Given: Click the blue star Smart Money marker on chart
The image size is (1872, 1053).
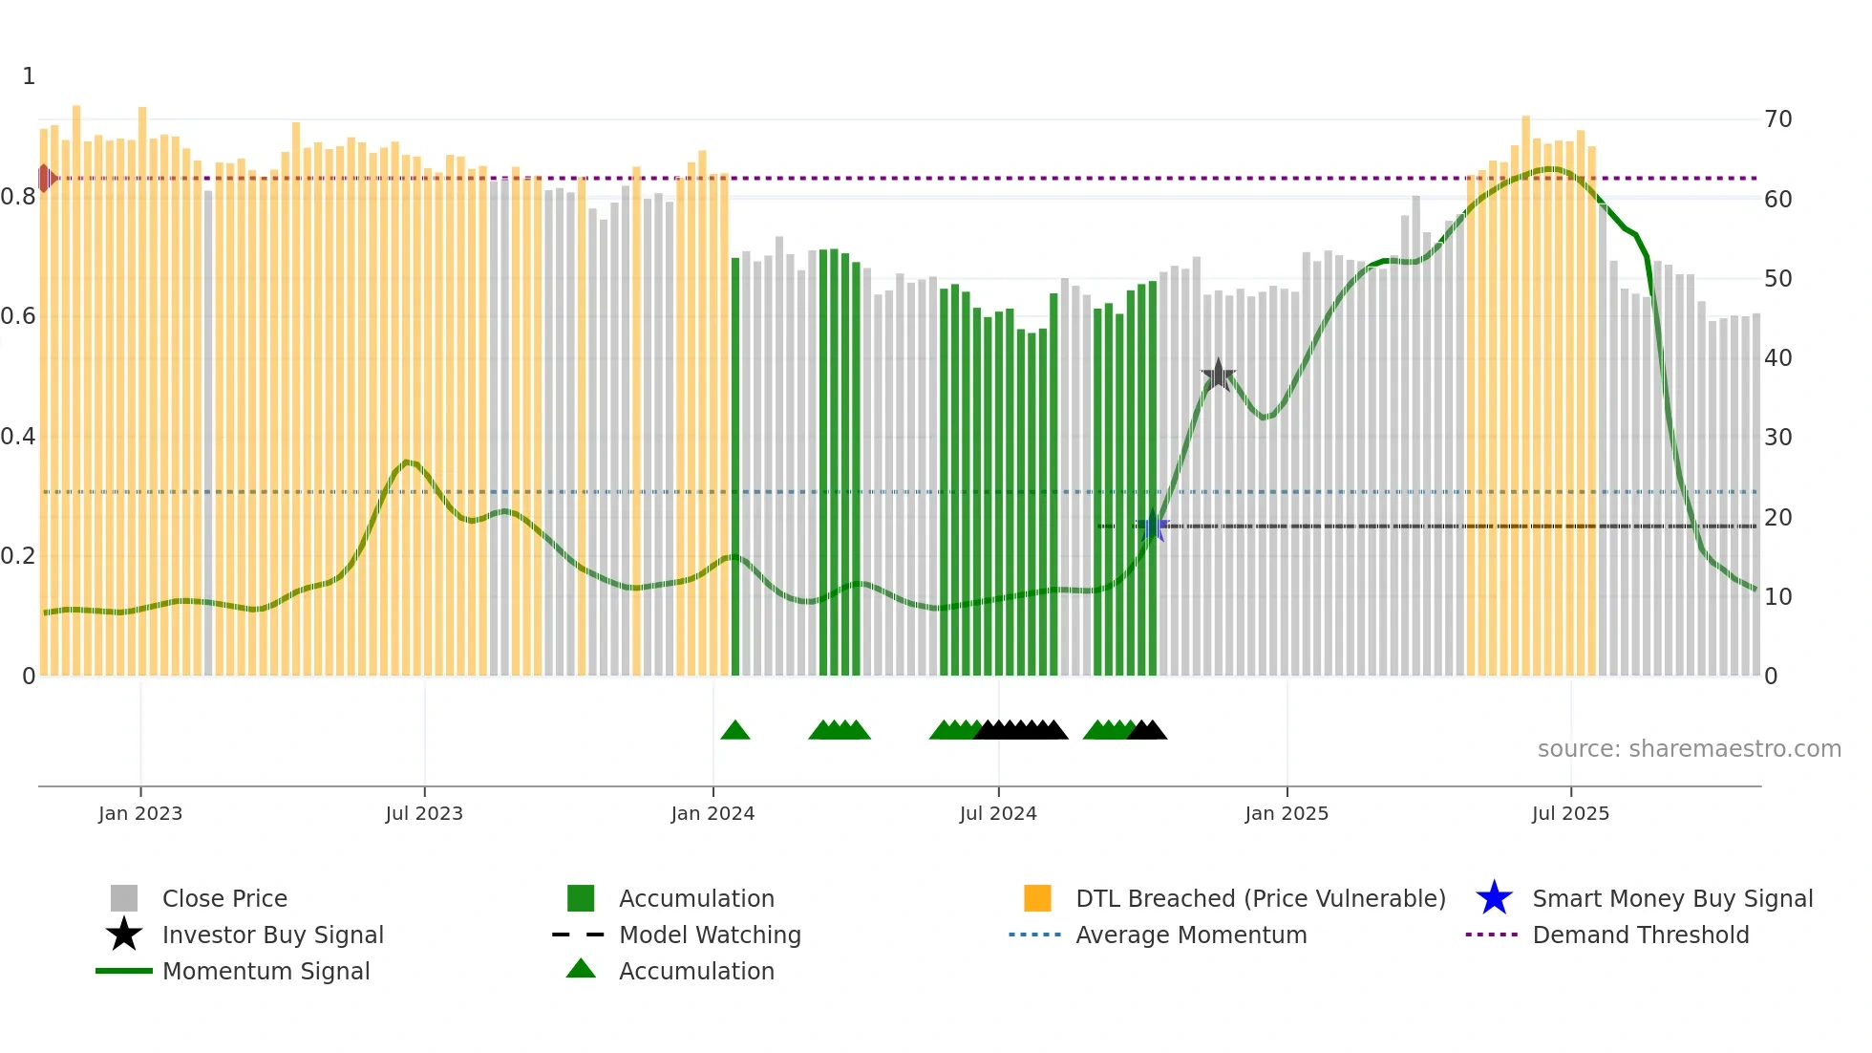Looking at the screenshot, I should click(x=1153, y=526).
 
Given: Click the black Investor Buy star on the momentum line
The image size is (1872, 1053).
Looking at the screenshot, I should click(x=1218, y=376).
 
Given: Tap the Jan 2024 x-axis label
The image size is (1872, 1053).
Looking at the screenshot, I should click(x=713, y=813).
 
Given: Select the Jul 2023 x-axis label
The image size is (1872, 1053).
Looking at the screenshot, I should click(x=424, y=813).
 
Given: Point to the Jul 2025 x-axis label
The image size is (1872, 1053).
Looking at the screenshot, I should click(x=1570, y=813).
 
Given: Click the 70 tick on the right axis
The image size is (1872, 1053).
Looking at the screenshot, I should click(x=1777, y=119).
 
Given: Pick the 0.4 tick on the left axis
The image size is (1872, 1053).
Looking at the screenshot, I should click(x=18, y=437).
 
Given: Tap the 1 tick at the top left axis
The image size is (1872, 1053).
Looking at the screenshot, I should click(x=29, y=76).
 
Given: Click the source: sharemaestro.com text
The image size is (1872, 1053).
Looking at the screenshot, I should click(x=1689, y=748).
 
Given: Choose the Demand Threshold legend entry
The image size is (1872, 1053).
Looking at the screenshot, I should click(x=1640, y=935).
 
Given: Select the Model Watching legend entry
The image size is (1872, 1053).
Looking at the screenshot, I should click(x=709, y=935).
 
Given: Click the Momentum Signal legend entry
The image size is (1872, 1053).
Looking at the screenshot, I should click(x=266, y=971).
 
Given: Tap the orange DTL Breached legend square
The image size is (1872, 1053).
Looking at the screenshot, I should click(x=1037, y=898).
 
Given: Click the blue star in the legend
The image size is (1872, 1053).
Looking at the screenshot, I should click(x=1494, y=898).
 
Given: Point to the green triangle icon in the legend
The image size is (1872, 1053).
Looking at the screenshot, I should click(x=581, y=969).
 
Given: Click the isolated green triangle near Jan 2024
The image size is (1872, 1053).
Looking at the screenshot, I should click(x=734, y=731).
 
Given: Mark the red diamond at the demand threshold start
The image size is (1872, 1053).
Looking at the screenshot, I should click(x=45, y=178).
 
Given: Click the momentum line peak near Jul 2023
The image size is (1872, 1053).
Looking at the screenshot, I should click(x=408, y=462).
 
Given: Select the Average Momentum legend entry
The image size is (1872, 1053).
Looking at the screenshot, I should click(x=1190, y=935).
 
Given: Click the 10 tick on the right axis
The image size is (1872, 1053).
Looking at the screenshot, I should click(x=1777, y=597).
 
